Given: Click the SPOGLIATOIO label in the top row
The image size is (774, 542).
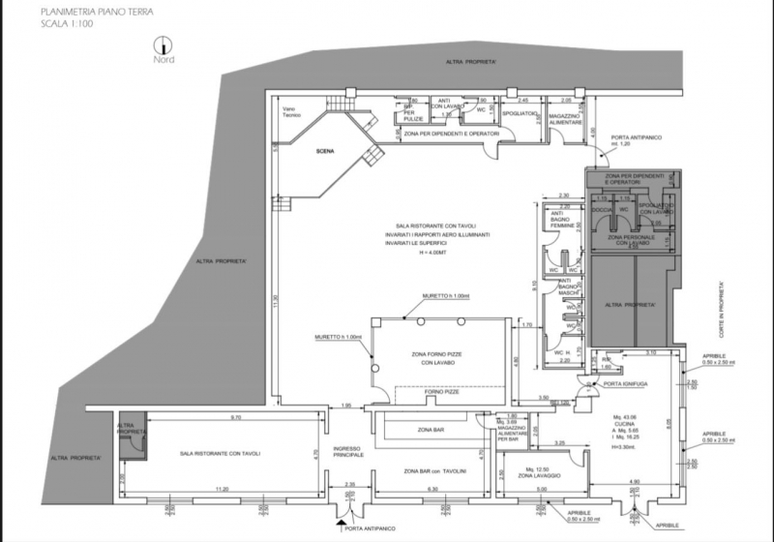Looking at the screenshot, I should pos(521,113).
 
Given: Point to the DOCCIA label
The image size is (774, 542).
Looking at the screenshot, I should pos(602,208).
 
